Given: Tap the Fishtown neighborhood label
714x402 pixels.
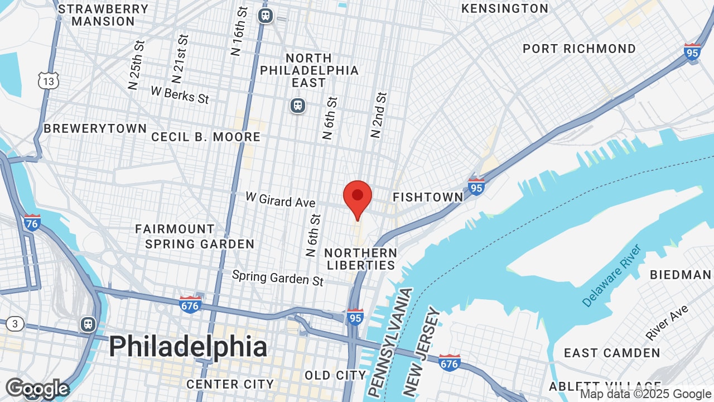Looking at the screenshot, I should coord(428,197).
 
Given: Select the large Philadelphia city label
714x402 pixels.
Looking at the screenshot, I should coord(188,347).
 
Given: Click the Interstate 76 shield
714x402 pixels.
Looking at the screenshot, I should coord(32,223).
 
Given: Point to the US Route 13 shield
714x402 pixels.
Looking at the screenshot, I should coord(49,81).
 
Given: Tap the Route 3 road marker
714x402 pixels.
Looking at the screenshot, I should coord(15,324).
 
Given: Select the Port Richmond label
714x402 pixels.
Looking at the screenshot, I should coord(579,49).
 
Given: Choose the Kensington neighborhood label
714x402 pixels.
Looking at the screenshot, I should coord(505,8).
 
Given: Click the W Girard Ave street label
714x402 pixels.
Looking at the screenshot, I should coord(281,199).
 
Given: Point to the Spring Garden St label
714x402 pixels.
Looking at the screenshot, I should coord(278,277).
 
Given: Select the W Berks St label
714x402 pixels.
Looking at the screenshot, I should coord(180,94).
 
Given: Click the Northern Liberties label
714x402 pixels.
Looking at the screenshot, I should coord(361,259).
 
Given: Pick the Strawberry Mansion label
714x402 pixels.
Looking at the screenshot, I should coord(103,15).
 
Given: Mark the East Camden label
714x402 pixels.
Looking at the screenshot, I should coord(612,353).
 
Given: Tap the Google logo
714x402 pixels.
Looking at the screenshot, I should coord(37,389).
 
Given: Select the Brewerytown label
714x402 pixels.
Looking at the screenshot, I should coord(95,128).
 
